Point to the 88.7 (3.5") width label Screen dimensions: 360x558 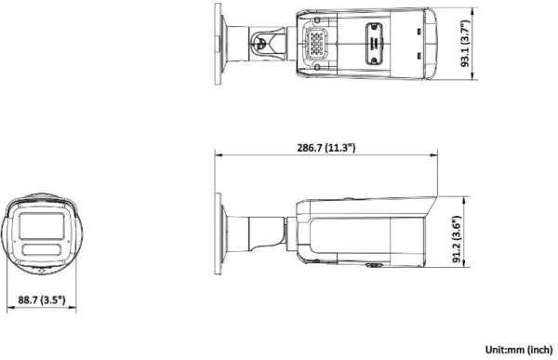(43, 300)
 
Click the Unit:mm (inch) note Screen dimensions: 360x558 (518, 350)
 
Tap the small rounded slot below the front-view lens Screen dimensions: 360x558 (43, 250)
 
